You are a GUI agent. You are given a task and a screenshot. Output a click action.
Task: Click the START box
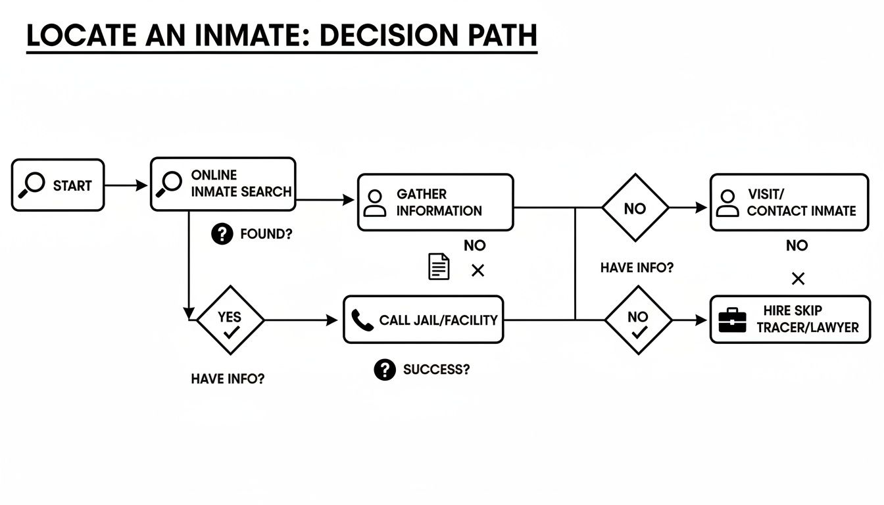pos(58,185)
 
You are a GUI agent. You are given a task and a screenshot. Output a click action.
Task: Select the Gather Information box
pos(435,203)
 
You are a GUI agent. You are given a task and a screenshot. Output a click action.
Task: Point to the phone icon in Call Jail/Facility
pos(362,320)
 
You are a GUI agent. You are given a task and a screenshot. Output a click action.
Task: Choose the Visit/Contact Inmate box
pos(789,203)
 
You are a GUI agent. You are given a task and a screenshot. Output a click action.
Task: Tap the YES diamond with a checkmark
pos(230,321)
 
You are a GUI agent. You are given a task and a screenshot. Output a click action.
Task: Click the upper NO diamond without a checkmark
pos(635,208)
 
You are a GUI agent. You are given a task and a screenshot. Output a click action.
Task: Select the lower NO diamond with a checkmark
pos(637,321)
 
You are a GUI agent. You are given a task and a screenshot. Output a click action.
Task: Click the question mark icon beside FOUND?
pos(222,233)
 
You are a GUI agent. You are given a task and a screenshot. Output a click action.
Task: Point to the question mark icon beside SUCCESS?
pos(385,370)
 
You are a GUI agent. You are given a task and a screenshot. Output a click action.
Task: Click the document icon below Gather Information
pos(439,266)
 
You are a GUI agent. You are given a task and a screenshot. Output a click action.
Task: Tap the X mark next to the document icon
pos(478,270)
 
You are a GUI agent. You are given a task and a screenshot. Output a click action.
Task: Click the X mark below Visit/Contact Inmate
pos(798,279)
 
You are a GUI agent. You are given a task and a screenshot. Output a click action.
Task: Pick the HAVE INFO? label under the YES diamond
pos(228,379)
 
